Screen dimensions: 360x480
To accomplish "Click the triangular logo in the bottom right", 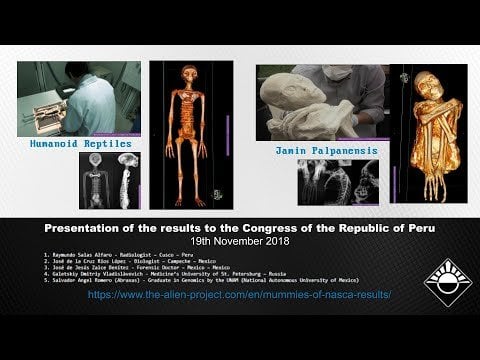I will [x=447, y=283].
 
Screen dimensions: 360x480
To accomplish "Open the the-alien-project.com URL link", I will [x=239, y=295].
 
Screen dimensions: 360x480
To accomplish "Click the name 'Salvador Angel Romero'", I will [x=86, y=282].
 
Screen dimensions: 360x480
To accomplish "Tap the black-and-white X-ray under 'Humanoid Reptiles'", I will [x=109, y=180].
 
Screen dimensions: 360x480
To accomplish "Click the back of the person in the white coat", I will [x=100, y=100].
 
